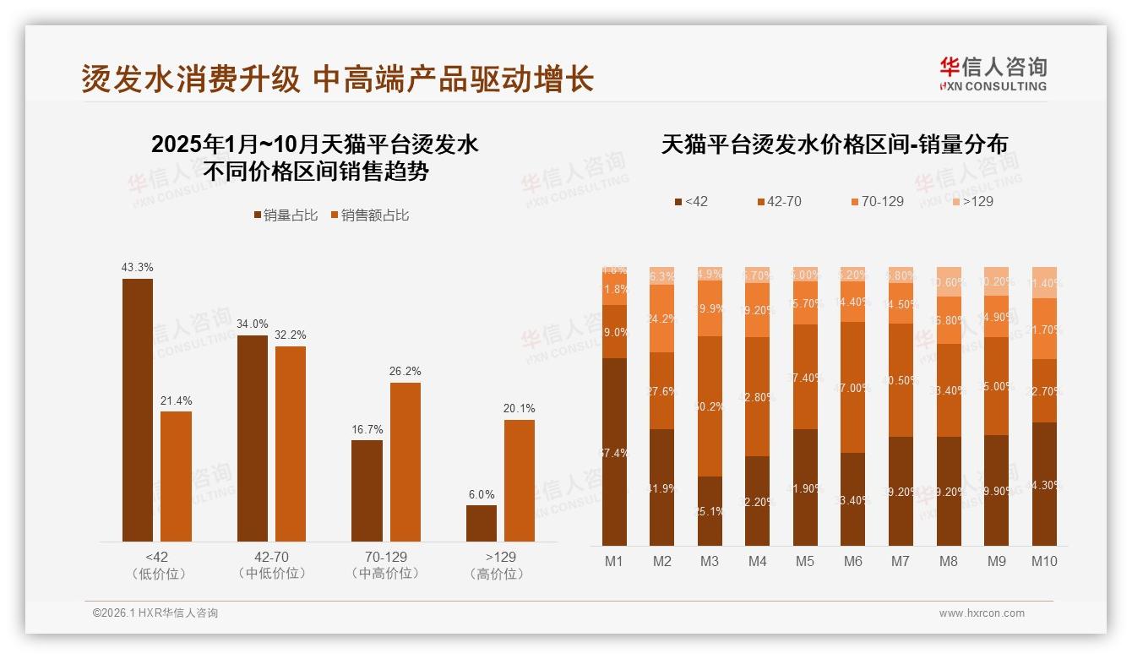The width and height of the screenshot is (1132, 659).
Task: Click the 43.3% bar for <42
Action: click(x=138, y=410)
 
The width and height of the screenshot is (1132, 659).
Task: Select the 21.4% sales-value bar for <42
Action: click(x=176, y=477)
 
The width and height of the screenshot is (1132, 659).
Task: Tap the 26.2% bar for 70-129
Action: click(x=405, y=462)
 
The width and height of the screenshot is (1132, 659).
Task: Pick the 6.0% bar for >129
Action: click(x=482, y=523)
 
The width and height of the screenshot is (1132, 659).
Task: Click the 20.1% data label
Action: click(x=520, y=408)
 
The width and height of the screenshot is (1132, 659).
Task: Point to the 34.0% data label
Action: click(x=253, y=324)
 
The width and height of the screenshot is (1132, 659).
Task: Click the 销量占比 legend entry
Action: click(x=286, y=215)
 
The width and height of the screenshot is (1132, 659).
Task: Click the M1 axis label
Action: click(x=614, y=561)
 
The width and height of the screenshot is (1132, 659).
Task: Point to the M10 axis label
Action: click(x=1044, y=561)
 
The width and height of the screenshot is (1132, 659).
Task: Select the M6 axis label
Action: click(x=853, y=561)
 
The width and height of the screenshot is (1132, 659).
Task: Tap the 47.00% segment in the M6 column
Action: click(x=853, y=387)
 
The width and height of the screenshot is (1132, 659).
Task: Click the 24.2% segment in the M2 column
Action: click(x=662, y=319)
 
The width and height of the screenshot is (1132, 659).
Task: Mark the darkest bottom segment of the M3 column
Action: click(x=710, y=511)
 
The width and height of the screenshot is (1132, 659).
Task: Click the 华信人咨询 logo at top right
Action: click(x=993, y=74)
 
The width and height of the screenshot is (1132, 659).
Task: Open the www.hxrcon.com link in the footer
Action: click(x=982, y=613)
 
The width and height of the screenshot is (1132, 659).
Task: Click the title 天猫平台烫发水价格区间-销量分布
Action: click(x=834, y=144)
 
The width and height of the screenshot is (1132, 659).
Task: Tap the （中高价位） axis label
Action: click(x=385, y=574)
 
